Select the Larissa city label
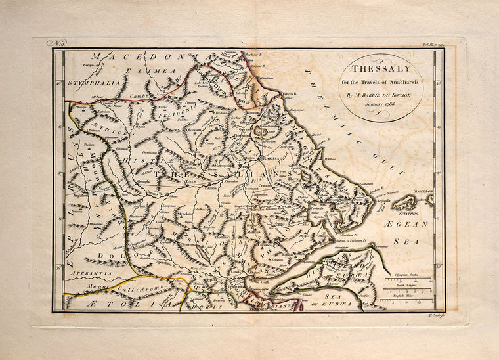pos(271,159)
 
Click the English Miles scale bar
pos(405,301)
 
